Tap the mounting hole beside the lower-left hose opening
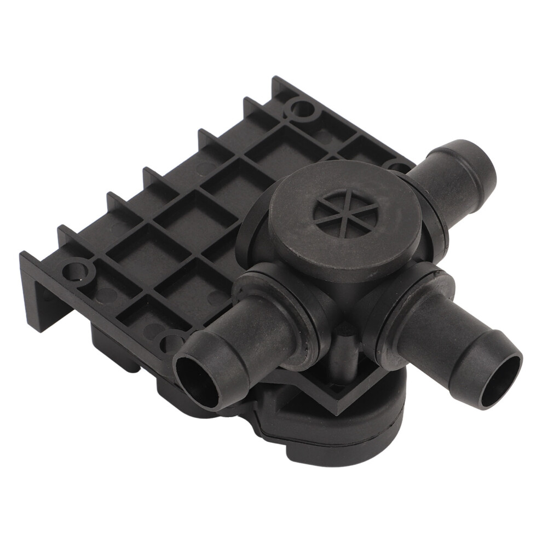click(171, 343)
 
